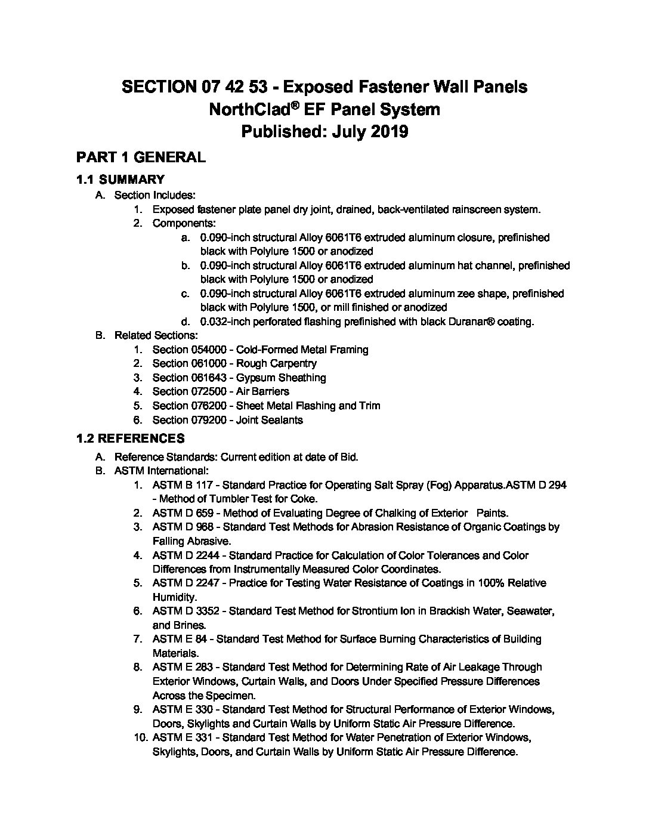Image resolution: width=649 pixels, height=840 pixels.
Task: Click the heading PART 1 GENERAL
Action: pyautogui.click(x=141, y=157)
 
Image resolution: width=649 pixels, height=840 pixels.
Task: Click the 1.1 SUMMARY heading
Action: pyautogui.click(x=120, y=180)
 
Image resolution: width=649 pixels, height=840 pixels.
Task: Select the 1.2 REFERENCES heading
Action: pyautogui.click(x=130, y=439)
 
